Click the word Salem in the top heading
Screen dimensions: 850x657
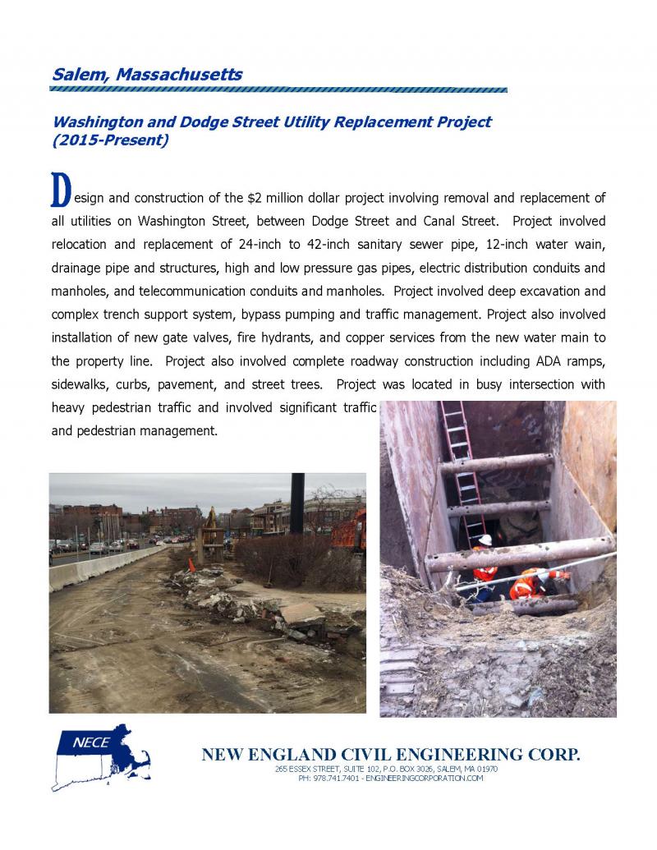[x=79, y=74]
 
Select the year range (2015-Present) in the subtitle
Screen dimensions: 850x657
[x=110, y=140]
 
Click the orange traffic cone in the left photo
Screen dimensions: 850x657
[x=191, y=565]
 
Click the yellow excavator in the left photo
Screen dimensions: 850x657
[x=210, y=523]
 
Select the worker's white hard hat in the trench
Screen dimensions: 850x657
[x=485, y=540]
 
